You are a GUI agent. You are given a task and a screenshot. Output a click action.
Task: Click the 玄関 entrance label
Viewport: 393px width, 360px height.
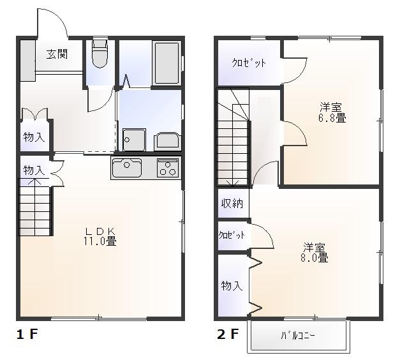point(57,54)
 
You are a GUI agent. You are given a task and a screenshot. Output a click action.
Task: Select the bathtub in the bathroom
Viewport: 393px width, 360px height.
point(167,63)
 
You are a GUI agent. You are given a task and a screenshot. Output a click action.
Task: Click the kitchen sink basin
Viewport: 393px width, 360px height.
point(127,167)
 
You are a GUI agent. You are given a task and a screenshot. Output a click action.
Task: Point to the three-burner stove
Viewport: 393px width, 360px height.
point(168,168)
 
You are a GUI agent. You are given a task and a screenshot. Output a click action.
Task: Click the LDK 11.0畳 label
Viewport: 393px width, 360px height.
point(100,236)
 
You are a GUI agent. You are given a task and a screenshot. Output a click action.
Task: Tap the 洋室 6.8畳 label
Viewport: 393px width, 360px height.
point(332,113)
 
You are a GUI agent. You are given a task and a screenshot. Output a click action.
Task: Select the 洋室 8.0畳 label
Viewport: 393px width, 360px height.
point(315,253)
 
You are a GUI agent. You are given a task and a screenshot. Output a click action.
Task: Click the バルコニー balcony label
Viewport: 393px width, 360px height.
point(298,335)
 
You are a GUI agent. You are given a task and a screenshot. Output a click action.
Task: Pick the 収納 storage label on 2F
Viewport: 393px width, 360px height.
point(232,204)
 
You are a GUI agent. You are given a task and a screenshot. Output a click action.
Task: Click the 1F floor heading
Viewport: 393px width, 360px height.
point(27,334)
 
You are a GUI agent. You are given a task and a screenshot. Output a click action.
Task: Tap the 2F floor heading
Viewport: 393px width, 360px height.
point(228,334)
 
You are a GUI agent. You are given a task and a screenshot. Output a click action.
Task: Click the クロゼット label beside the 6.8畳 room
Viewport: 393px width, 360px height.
point(248,63)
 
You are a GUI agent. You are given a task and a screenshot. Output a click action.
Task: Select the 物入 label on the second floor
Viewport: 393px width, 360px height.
point(232,285)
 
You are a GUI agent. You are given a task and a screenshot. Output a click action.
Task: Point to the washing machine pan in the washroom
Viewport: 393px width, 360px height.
point(134,140)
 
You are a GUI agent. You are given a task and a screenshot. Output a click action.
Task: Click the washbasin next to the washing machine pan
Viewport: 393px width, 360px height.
point(167,142)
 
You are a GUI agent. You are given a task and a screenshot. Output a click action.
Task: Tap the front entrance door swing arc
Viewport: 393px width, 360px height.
point(57,17)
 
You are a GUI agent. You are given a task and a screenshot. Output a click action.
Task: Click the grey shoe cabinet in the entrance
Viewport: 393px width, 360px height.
point(27,61)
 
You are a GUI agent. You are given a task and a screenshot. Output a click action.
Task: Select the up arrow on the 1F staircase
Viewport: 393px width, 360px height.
point(34,182)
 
